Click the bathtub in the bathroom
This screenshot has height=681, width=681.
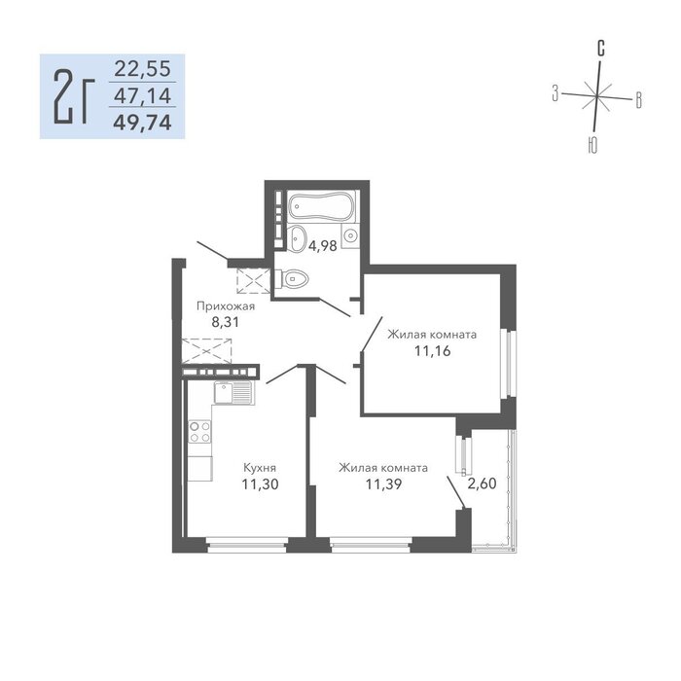(x=321, y=206)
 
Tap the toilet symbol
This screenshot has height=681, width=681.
(x=292, y=278)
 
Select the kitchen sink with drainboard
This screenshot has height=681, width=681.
(x=234, y=393)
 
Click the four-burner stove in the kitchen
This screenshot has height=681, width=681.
(x=199, y=432)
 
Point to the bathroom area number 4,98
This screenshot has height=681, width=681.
(x=323, y=246)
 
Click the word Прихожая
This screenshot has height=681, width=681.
(x=226, y=306)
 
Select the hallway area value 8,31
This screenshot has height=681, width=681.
(x=225, y=322)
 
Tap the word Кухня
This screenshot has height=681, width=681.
(x=260, y=468)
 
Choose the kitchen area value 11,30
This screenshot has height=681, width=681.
(x=260, y=484)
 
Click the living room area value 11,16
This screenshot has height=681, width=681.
(x=433, y=350)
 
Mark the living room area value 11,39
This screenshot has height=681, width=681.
(x=383, y=484)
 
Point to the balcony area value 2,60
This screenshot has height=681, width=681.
(x=482, y=483)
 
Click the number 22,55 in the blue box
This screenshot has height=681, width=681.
(x=143, y=69)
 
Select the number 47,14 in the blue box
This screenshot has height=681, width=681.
(x=143, y=95)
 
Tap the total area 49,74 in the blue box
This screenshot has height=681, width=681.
(x=143, y=123)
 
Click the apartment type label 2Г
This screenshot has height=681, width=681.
(x=74, y=96)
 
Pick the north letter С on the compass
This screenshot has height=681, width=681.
(x=600, y=49)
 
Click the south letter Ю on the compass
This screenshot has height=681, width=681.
(x=591, y=145)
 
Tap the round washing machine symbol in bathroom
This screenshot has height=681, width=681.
(x=350, y=235)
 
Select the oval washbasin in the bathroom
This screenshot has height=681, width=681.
(x=298, y=238)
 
